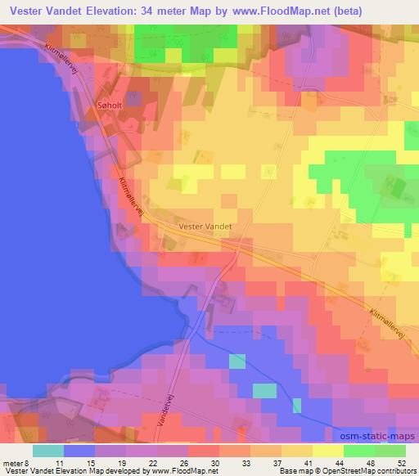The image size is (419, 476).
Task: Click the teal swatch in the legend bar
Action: pyautogui.click(x=48, y=450)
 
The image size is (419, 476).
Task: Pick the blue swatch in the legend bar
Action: pyautogui.click(x=79, y=450)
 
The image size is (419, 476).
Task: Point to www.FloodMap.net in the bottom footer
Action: pyautogui.click(x=174, y=470)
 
